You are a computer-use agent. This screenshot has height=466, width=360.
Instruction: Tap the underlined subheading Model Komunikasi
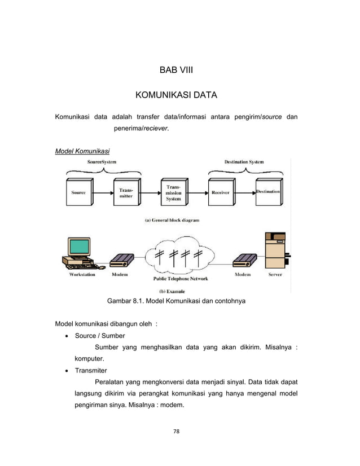82,152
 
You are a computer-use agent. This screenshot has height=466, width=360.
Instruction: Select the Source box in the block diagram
78,192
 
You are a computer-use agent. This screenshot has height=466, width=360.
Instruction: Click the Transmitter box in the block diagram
126,192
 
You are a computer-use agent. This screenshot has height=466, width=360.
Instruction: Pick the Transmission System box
173,192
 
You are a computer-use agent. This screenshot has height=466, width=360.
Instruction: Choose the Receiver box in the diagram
220,192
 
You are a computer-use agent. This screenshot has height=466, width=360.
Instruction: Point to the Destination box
267,192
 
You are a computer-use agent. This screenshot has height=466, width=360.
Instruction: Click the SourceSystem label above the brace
102,162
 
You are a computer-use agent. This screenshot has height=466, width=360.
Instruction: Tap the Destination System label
244,162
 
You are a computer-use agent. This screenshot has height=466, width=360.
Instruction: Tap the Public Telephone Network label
181,278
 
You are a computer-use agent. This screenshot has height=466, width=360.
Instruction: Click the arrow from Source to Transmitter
102,192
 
